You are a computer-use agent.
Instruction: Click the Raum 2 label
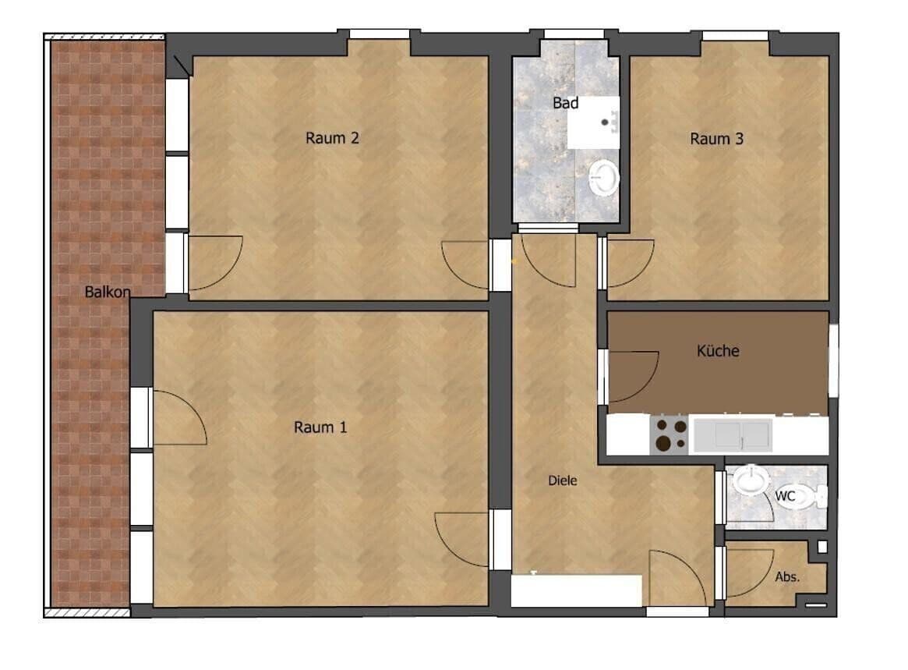coord(332,139)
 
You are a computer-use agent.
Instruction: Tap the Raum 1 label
coord(320,427)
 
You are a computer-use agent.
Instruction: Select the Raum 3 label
coord(717,140)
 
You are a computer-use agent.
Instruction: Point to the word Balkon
coord(108,292)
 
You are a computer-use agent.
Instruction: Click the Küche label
coord(718,351)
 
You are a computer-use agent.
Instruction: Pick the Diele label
coord(563,480)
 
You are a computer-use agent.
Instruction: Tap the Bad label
coord(565,103)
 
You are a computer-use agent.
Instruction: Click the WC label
coord(784,496)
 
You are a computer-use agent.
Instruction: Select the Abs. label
coord(787,577)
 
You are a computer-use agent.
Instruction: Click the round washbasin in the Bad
coord(603,179)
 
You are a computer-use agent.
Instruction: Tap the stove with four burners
coord(670,435)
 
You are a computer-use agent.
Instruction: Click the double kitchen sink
coord(732,435)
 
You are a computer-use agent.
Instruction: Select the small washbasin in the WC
coord(750,480)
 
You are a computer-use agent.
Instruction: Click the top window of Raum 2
coord(379,34)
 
